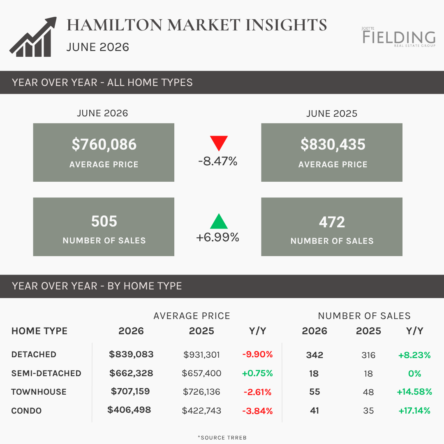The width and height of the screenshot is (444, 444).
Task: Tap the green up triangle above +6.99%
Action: click(219, 221)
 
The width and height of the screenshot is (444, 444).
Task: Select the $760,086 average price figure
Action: click(104, 144)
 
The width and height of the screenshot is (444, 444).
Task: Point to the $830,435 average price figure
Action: click(333, 144)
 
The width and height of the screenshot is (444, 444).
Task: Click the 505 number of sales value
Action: click(104, 221)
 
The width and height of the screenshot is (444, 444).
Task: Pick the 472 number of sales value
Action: click(332, 222)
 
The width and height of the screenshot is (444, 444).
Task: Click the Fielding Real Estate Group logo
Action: click(399, 37)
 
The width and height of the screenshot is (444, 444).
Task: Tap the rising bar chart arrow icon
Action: click(33, 37)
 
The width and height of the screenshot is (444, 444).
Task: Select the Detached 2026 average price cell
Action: click(131, 354)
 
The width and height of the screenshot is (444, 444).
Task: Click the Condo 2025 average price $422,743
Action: click(201, 411)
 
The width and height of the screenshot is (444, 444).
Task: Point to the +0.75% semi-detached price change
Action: click(257, 373)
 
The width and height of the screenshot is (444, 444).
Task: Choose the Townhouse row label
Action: click(39, 392)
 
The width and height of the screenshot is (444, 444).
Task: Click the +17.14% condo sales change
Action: click(414, 411)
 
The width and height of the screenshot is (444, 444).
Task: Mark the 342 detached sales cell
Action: click(314, 355)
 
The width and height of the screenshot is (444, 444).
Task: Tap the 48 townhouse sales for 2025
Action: click(368, 392)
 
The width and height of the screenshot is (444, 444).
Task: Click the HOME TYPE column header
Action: click(39, 331)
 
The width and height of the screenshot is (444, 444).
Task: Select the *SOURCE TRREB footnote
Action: click(222, 438)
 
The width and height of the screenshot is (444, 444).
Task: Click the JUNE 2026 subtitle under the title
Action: click(98, 47)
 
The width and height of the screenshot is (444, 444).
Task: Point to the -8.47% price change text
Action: click(218, 161)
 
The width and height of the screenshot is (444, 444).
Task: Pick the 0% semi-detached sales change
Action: click(414, 373)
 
